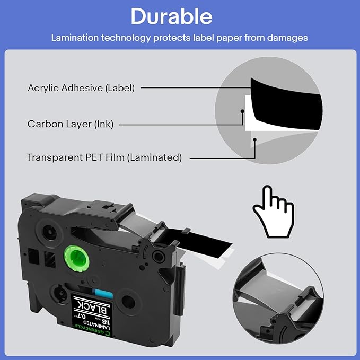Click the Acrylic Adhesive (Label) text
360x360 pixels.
pyautogui.click(x=81, y=88)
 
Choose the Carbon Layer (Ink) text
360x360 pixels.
pyautogui.click(x=71, y=124)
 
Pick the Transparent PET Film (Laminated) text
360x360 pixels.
pyautogui.click(x=104, y=157)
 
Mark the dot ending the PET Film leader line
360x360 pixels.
pyautogui.click(x=255, y=140)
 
